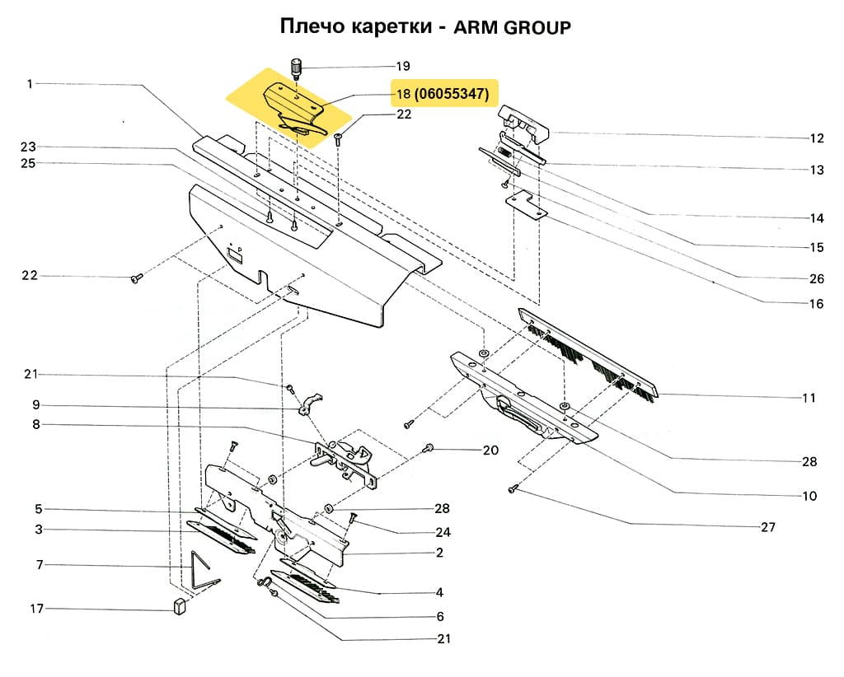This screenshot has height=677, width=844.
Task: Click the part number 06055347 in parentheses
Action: [x=452, y=95]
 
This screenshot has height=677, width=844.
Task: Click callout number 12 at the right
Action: [x=816, y=138]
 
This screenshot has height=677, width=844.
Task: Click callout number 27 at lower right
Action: [x=767, y=527]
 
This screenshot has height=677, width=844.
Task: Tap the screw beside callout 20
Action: [x=428, y=448]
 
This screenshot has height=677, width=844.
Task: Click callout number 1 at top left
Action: [x=30, y=83]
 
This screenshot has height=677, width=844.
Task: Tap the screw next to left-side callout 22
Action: [x=136, y=279]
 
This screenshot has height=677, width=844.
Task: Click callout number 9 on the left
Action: [x=35, y=405]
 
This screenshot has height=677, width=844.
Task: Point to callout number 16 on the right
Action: [x=815, y=303]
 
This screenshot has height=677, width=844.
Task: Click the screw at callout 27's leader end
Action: [x=511, y=489]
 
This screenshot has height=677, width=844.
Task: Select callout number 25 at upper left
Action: [x=29, y=163]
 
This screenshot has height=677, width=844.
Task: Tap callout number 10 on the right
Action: [x=809, y=496]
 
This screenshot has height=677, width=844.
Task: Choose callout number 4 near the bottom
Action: [x=439, y=592]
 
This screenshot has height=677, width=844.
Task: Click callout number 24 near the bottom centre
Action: [x=443, y=531]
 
